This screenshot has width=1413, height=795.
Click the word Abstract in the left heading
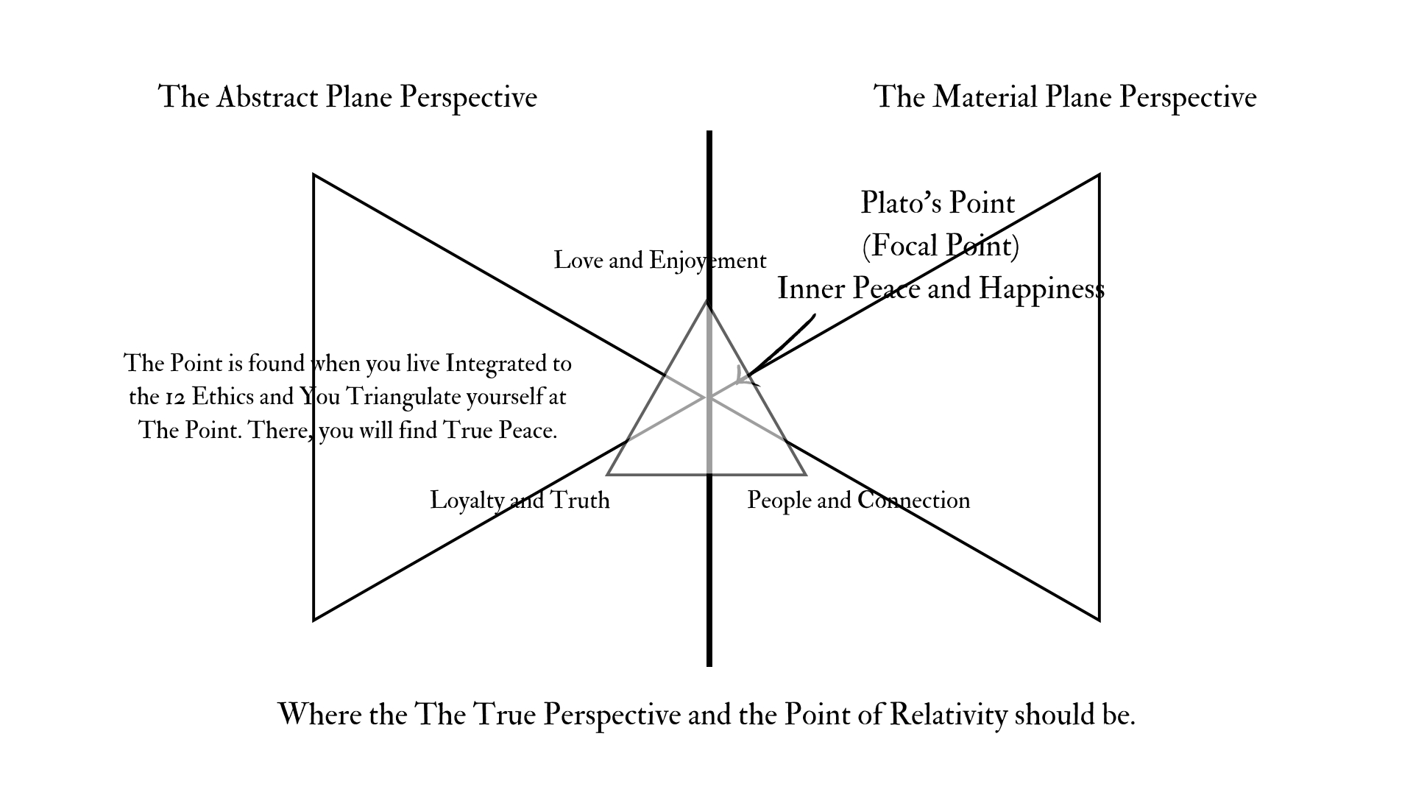click(267, 97)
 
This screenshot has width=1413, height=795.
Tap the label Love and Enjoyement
click(660, 261)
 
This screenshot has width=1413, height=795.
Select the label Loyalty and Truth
click(520, 501)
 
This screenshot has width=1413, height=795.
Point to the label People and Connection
click(858, 501)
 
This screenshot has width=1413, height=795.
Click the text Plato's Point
click(938, 203)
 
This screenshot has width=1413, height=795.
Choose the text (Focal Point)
click(941, 246)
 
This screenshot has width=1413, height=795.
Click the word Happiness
click(1041, 289)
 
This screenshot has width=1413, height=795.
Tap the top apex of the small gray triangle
click(706, 301)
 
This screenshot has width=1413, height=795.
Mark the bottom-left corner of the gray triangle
click(608, 474)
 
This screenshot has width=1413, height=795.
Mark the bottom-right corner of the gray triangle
click(806, 474)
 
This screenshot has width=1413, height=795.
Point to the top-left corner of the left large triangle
click(314, 175)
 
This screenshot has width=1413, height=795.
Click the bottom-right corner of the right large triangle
click(1099, 620)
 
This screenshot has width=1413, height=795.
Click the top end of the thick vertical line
click(709, 133)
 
